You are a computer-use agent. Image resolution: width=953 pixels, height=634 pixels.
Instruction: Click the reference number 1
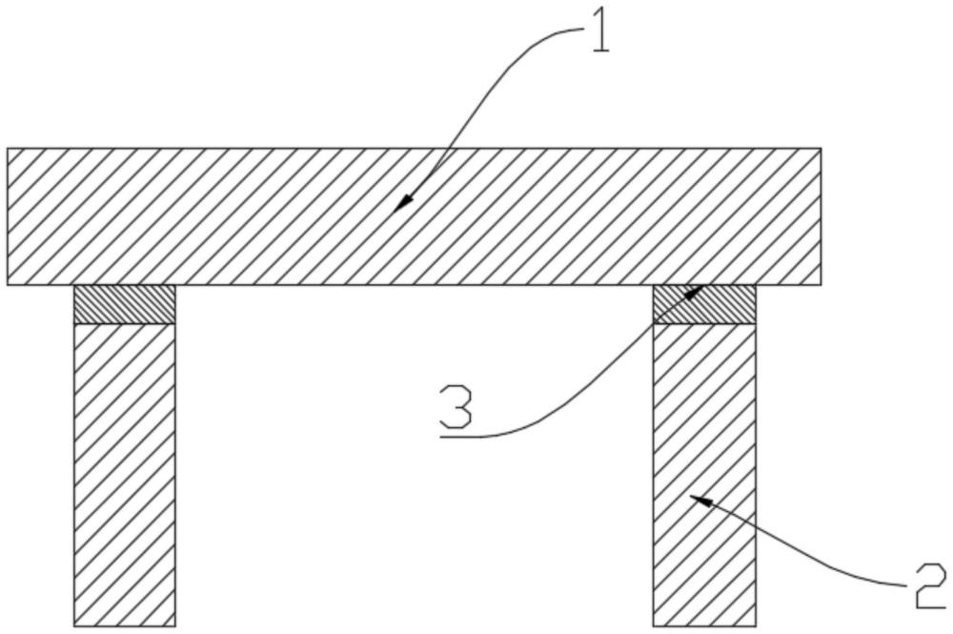(x=599, y=31)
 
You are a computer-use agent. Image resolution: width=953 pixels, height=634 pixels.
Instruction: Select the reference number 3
(x=456, y=405)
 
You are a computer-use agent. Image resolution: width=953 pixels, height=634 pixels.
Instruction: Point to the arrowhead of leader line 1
(x=402, y=204)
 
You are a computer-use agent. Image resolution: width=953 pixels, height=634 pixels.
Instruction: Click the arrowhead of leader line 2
(x=699, y=500)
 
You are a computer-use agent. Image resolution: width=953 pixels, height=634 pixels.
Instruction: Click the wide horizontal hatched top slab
(x=414, y=216)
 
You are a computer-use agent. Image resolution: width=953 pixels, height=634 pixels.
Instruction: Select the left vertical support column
(x=125, y=475)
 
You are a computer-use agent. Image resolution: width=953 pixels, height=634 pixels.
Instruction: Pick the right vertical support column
(x=704, y=475)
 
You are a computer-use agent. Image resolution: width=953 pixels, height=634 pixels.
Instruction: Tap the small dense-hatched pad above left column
(x=125, y=304)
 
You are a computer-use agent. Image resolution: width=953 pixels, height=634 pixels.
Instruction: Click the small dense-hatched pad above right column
(x=704, y=304)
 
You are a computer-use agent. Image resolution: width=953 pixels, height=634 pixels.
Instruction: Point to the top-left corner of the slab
(x=8, y=149)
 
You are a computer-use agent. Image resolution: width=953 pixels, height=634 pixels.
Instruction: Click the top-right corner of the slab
(x=821, y=149)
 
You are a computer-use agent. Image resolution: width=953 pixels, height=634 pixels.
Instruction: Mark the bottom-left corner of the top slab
(x=8, y=285)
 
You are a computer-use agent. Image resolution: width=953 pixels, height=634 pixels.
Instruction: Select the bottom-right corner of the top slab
(x=821, y=285)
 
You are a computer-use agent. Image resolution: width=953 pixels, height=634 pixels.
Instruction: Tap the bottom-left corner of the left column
(x=74, y=626)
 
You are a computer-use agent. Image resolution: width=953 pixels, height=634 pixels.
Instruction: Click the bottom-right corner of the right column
(x=756, y=626)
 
